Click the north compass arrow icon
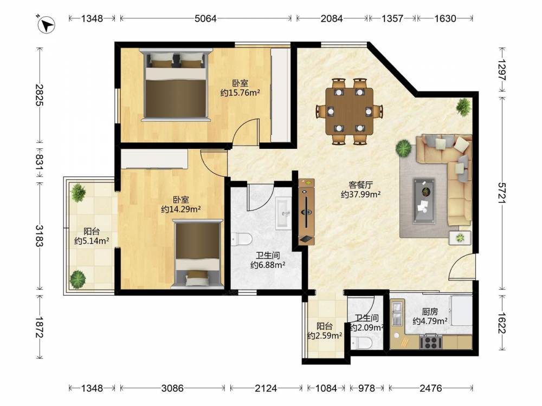pos(46,24)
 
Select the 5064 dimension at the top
pos(205,18)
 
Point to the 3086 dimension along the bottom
pos(172,388)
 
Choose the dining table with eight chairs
pos(350,111)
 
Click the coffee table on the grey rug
pos(424,201)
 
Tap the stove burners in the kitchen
pos(431,342)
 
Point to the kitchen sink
pos(397,313)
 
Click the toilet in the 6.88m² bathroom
pos(242,239)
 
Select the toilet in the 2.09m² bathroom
pos(361,343)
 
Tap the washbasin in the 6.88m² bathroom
pos(284,213)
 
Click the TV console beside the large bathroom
pos(306,212)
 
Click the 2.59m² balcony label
pos(325,330)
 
